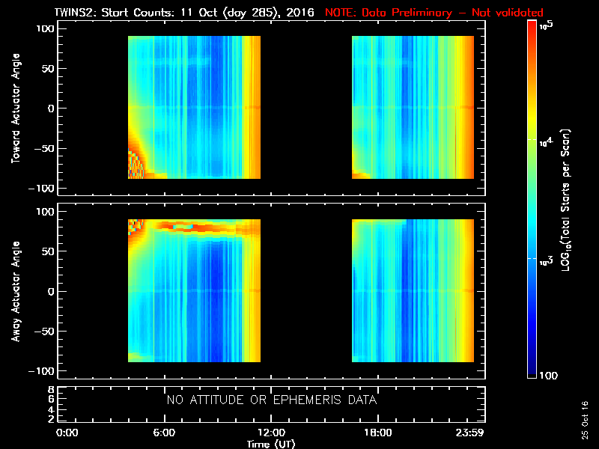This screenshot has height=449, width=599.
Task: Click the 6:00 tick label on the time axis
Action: coord(164,433)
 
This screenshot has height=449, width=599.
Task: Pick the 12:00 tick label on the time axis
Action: coord(271,433)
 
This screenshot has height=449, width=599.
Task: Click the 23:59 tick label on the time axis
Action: coord(469,433)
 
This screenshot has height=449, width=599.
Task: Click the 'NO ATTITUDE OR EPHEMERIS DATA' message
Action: coord(271,400)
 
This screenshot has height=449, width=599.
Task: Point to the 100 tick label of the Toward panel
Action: coord(46,28)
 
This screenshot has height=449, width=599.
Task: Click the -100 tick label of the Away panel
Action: coord(42,371)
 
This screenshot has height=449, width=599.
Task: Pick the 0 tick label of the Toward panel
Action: coord(51,109)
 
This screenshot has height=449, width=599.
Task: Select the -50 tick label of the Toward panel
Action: coord(44,148)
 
